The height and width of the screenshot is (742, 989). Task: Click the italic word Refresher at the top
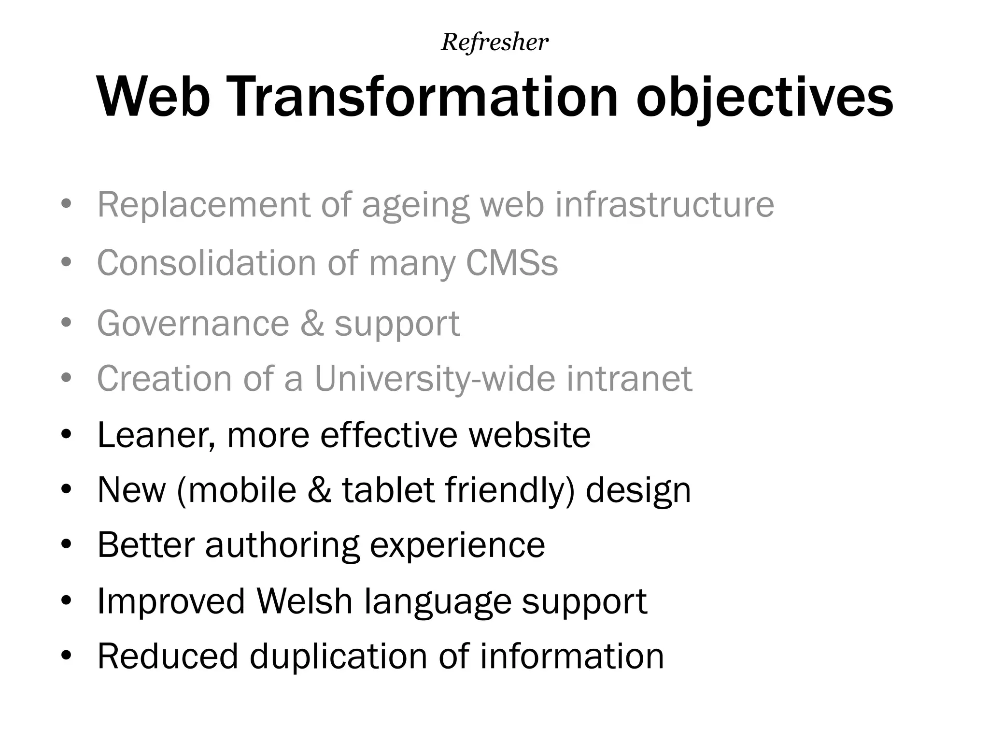[x=494, y=43]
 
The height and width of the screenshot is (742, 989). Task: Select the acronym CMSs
[x=511, y=263]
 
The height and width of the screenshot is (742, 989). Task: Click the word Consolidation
[x=207, y=263]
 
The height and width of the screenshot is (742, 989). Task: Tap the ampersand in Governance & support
[x=312, y=323]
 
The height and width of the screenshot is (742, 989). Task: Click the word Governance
[x=193, y=323]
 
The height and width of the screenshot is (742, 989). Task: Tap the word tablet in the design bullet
[x=388, y=490]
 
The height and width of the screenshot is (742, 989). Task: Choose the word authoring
[x=283, y=545]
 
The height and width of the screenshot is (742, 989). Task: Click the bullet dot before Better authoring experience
[x=67, y=545]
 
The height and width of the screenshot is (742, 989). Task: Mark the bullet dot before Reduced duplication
[x=67, y=656]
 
